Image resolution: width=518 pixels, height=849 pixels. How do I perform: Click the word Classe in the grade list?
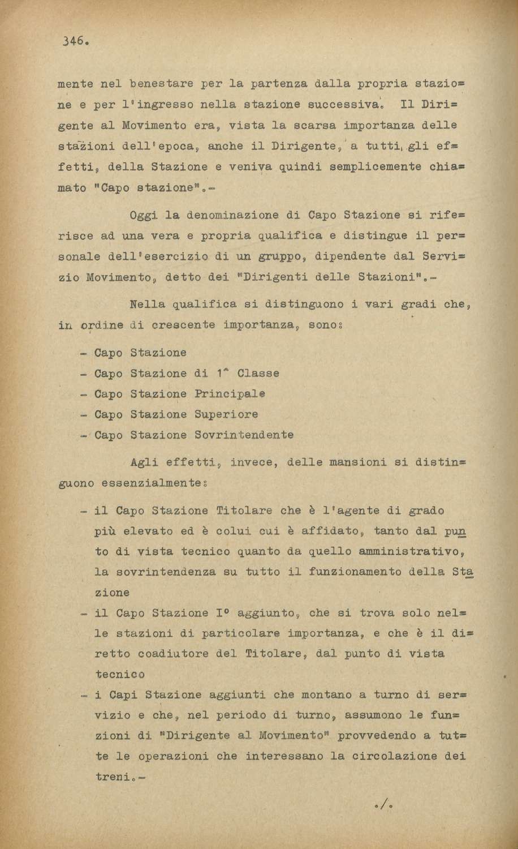258,374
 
